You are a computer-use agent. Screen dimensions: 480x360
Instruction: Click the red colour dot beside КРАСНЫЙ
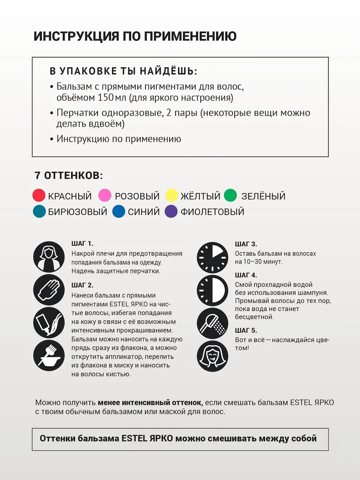tap(39, 196)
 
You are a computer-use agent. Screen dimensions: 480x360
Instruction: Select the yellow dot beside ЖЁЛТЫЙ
tap(172, 196)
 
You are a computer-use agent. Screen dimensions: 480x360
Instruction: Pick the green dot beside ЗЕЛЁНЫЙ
tap(230, 196)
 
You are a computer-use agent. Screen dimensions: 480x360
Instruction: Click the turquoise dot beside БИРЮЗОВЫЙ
tap(39, 212)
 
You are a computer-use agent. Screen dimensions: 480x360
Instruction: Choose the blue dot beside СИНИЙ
tap(119, 212)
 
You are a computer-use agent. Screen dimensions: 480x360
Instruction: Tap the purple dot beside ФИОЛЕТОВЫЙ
tap(171, 212)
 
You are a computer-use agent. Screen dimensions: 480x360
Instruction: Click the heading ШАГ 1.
tap(82, 244)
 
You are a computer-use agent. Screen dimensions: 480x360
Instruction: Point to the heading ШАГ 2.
tap(82, 285)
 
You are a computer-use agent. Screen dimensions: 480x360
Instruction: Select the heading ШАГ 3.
tap(246, 244)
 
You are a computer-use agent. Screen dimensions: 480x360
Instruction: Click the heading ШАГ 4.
tap(246, 275)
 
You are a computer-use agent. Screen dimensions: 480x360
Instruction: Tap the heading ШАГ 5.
tap(246, 330)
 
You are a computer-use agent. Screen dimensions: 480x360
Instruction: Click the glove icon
tap(49, 290)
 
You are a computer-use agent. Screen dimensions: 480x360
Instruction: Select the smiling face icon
tap(213, 355)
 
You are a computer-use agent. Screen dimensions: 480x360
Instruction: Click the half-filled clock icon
tap(213, 290)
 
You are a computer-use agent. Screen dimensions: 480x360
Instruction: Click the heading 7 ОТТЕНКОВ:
tap(69, 176)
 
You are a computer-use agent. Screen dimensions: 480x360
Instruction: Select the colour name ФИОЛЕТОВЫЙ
tap(212, 212)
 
